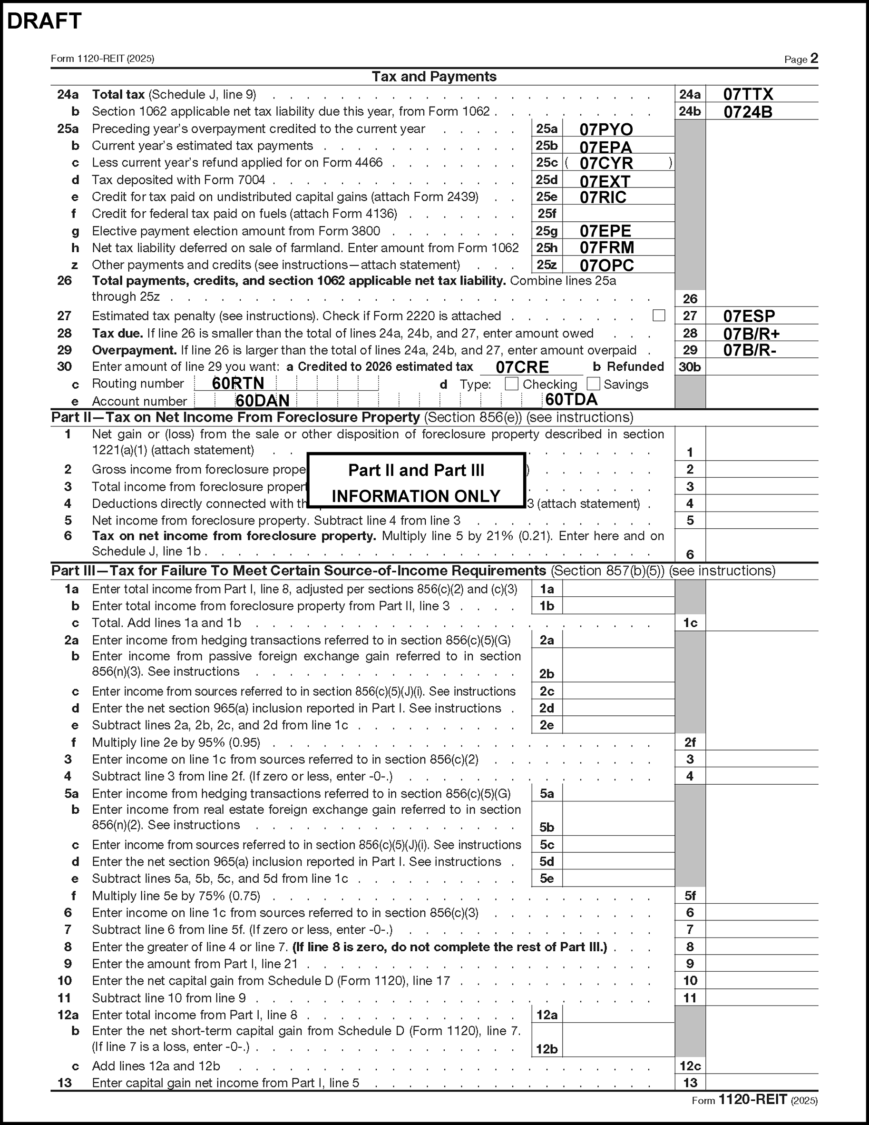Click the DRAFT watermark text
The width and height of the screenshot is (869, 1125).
tap(44, 21)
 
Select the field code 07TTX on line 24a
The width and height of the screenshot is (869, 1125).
tap(748, 94)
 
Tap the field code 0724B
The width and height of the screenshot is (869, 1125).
tap(748, 112)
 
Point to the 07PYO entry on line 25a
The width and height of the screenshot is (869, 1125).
tap(606, 129)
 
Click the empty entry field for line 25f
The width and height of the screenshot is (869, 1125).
tap(618, 213)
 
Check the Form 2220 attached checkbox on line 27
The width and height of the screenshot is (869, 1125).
tap(658, 315)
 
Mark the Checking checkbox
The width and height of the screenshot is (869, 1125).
tap(511, 384)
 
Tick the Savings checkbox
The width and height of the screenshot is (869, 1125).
tap(594, 384)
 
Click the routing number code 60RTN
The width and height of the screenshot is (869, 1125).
tap(238, 383)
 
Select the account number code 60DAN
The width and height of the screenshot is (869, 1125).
tap(263, 401)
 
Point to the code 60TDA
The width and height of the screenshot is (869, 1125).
tap(571, 400)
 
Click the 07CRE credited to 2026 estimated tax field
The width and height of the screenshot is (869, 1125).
tap(522, 367)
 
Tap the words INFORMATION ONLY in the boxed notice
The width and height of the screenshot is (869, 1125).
tap(416, 496)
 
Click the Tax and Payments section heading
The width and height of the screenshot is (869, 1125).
tap(434, 77)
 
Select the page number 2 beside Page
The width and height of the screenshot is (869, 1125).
tap(814, 58)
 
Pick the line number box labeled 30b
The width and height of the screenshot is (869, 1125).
tap(690, 367)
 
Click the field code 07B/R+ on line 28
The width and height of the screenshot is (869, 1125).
tap(751, 334)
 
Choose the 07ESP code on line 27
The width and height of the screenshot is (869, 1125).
tap(749, 316)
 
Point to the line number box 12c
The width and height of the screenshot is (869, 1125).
tap(690, 1066)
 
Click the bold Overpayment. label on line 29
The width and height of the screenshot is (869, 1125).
tap(134, 350)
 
